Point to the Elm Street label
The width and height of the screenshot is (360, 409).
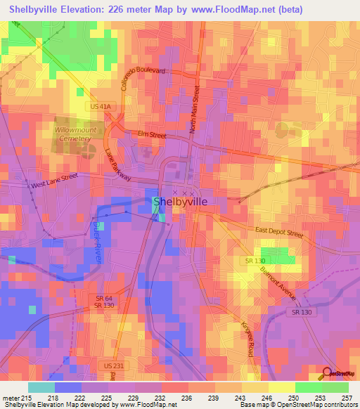tap(151, 135)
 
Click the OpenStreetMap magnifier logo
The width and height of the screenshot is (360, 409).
tap(327, 374)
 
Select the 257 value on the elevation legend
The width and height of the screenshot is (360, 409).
tap(347, 398)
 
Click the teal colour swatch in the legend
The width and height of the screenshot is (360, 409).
tap(41, 387)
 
